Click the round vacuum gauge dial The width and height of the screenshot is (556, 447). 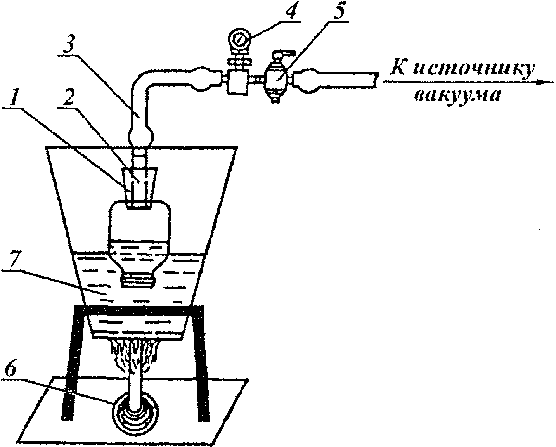pyautogui.click(x=239, y=39)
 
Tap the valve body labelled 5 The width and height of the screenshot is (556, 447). pyautogui.click(x=276, y=80)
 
